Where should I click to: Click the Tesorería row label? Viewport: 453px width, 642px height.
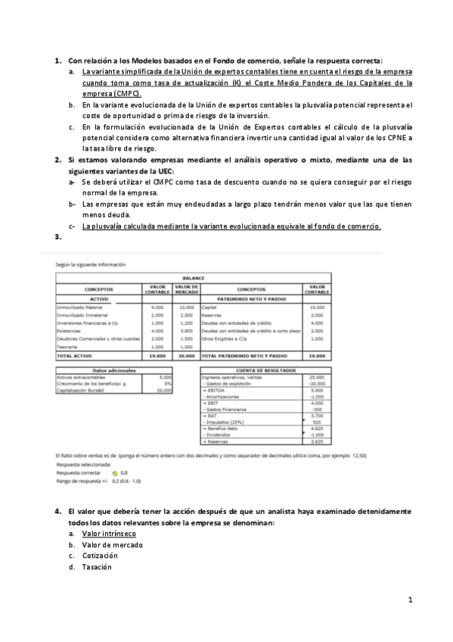pyautogui.click(x=69, y=346)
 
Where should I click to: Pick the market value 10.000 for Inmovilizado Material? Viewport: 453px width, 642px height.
pyautogui.click(x=186, y=307)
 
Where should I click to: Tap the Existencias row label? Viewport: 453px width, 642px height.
pyautogui.click(x=70, y=331)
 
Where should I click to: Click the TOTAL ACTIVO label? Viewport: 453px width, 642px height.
pyautogui.click(x=75, y=354)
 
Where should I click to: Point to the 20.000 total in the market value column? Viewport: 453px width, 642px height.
pyautogui.click(x=186, y=354)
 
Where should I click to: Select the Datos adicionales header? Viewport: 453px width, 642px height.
pyautogui.click(x=113, y=369)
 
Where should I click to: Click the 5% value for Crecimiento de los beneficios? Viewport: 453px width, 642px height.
pyautogui.click(x=168, y=383)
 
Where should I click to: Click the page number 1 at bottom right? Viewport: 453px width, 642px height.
pyautogui.click(x=409, y=600)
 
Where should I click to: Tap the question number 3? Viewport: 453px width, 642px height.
pyautogui.click(x=57, y=238)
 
